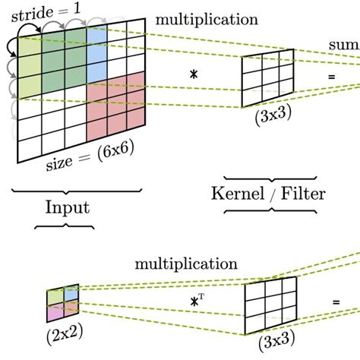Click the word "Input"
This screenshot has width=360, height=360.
(x=67, y=207)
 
